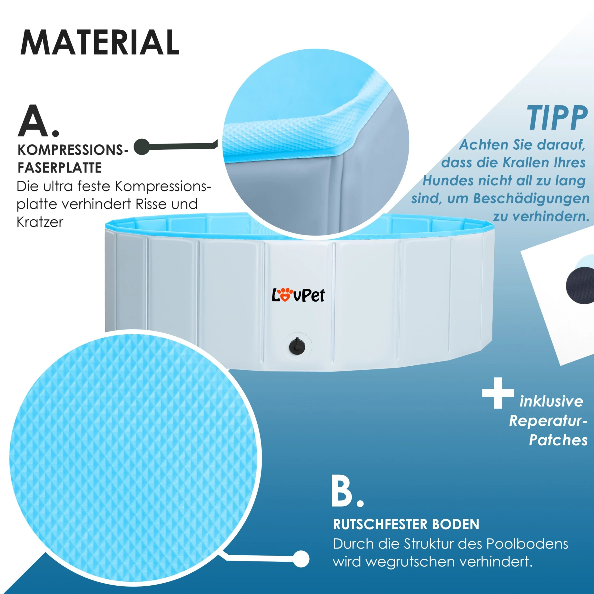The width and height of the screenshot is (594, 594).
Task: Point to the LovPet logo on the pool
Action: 298,295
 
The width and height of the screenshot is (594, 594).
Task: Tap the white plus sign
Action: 498,393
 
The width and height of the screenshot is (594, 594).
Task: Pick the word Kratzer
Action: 40,222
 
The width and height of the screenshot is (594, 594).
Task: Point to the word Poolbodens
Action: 527,544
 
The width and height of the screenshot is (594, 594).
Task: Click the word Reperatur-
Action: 548,421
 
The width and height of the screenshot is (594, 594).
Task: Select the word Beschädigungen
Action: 531,199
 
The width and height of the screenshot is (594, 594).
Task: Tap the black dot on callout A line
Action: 142,147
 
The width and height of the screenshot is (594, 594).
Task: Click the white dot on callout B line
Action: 301,559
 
